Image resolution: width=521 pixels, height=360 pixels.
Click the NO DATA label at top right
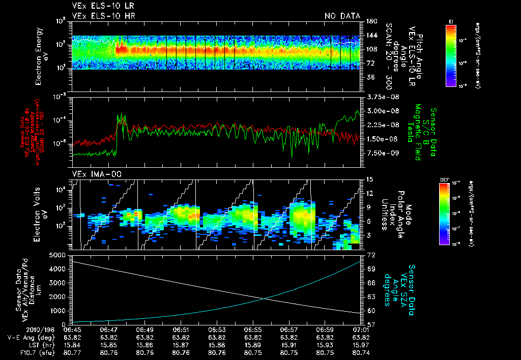tap(342, 16)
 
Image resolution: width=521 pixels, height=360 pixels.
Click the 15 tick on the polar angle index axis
tap(369, 179)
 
